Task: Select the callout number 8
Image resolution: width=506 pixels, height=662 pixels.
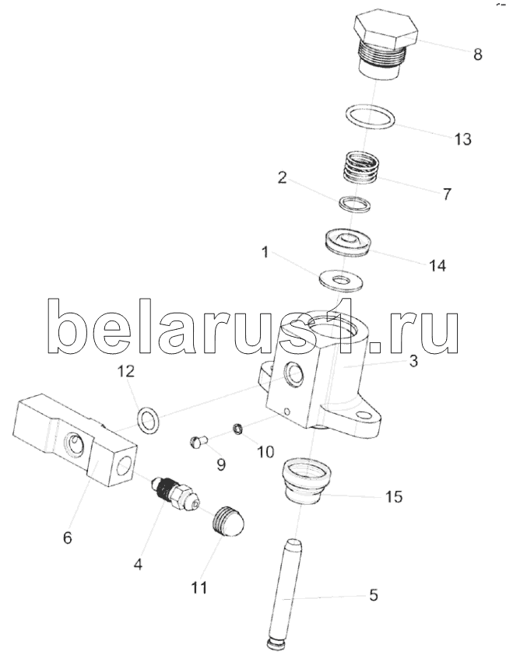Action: pos(477,54)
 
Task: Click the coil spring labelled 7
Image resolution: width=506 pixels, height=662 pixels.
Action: pos(360,167)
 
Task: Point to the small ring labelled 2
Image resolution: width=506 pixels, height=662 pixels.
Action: pos(356,203)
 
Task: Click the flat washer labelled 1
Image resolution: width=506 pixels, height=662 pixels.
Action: pos(339,280)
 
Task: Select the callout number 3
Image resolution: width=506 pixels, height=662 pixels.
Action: pos(413,361)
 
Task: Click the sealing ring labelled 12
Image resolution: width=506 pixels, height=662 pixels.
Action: pos(149,421)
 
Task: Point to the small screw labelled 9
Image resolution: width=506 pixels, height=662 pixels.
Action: pos(198,442)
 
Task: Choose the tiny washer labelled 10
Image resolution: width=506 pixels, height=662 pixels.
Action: pos(239,429)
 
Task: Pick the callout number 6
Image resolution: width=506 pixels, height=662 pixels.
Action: pos(67,538)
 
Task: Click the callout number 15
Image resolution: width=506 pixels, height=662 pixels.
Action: pos(394,496)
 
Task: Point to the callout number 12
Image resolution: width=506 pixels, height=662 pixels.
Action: pos(126,371)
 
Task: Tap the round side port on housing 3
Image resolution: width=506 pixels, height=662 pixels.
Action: pos(293,373)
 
